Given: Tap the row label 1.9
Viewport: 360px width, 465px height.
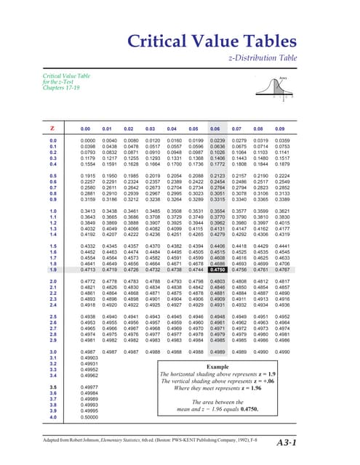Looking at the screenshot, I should coord(52,269).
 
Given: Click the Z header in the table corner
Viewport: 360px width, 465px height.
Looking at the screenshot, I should coord(52,127).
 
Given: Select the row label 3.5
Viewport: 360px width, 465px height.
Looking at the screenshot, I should coord(52,388).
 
